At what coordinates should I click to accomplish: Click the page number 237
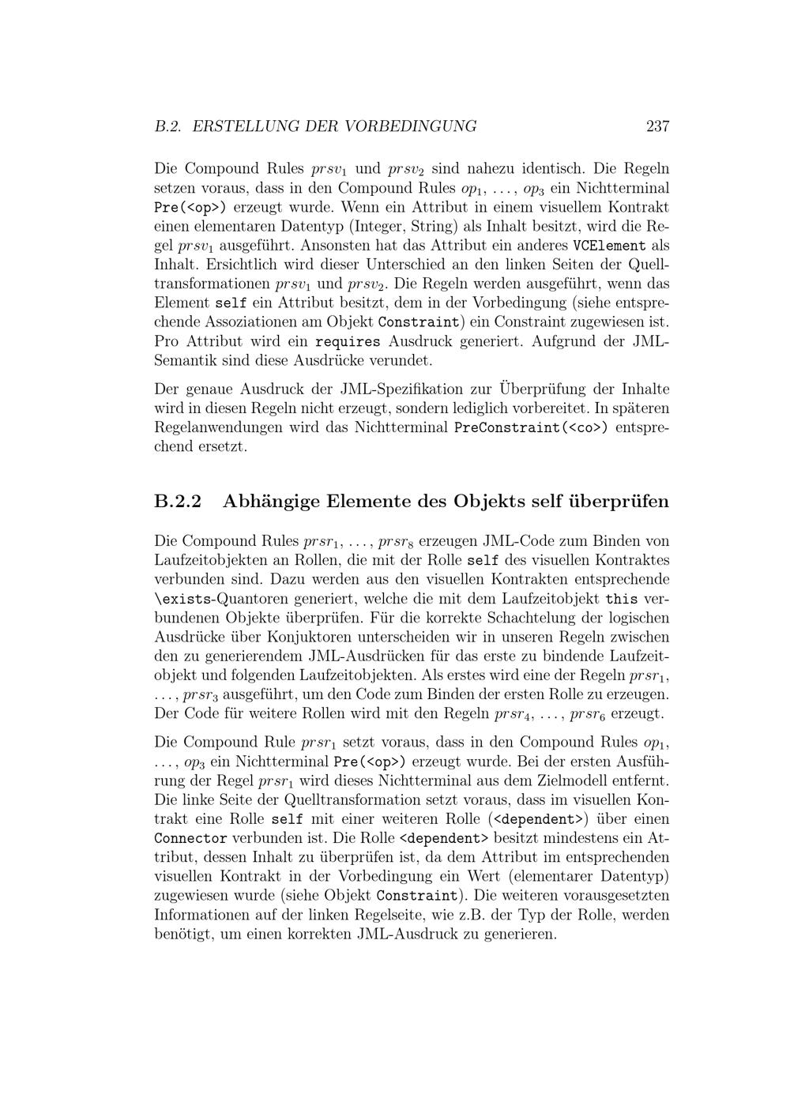657,126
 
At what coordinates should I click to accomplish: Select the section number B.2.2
178,502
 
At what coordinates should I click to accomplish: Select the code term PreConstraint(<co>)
532,427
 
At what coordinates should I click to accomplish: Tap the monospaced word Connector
190,838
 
